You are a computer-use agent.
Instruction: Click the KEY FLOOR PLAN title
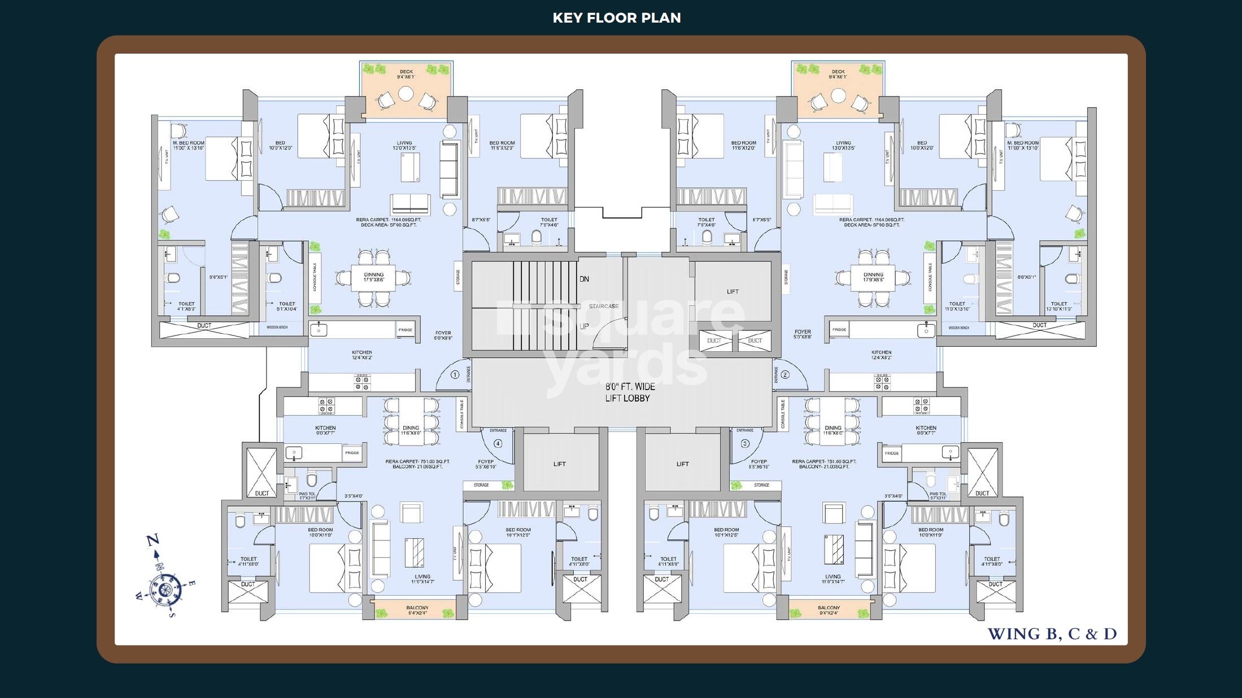[x=616, y=18]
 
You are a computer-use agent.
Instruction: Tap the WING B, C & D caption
[x=1052, y=634]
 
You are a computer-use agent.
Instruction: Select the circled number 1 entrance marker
[x=455, y=374]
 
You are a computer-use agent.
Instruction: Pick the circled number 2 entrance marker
[x=785, y=374]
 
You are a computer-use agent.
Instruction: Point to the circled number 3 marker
[x=744, y=443]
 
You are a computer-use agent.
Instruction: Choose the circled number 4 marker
[x=498, y=443]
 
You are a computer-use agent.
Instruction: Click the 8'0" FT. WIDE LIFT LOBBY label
[x=630, y=392]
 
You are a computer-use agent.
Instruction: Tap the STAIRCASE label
[x=603, y=306]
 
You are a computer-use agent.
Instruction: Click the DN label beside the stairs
[x=584, y=279]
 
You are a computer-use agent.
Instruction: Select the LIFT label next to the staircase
[x=733, y=291]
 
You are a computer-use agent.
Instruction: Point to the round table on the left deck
[x=406, y=94]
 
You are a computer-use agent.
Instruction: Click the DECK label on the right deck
[x=838, y=72]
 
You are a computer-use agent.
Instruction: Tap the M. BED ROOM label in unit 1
[x=189, y=143]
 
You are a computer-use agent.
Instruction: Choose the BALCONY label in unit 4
[x=417, y=608]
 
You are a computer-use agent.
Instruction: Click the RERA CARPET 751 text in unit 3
[x=824, y=461]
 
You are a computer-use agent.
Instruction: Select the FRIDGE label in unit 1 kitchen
[x=405, y=330]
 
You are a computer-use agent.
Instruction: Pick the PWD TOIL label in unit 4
[x=307, y=494]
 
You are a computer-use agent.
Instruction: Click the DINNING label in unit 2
[x=873, y=275]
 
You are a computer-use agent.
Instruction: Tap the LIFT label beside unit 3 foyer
[x=682, y=464]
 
